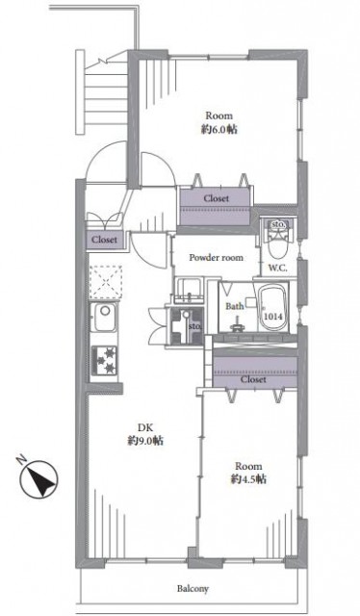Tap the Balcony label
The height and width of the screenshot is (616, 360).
pyautogui.click(x=193, y=589)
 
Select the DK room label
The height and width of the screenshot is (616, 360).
pyautogui.click(x=145, y=427)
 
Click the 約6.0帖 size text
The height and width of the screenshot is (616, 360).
pyautogui.click(x=219, y=130)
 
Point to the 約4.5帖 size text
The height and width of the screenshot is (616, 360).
pyautogui.click(x=248, y=479)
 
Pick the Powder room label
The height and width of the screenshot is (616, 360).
pyautogui.click(x=217, y=258)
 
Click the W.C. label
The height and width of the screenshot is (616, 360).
pyautogui.click(x=278, y=269)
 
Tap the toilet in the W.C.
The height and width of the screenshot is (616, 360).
pyautogui.click(x=278, y=244)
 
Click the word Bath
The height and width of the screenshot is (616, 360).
pyautogui.click(x=235, y=306)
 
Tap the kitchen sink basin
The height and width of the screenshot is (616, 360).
pyautogui.click(x=105, y=317)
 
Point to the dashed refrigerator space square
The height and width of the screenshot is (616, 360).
pyautogui.click(x=105, y=282)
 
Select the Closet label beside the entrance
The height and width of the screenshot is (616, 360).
pyautogui.click(x=105, y=240)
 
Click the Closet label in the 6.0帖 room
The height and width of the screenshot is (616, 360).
pyautogui.click(x=217, y=199)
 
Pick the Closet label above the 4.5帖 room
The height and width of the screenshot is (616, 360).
pyautogui.click(x=253, y=379)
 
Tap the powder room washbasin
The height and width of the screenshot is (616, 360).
pyautogui.click(x=189, y=291)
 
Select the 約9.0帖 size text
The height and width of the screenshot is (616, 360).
pyautogui.click(x=145, y=441)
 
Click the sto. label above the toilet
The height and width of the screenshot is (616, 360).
pyautogui.click(x=279, y=224)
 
